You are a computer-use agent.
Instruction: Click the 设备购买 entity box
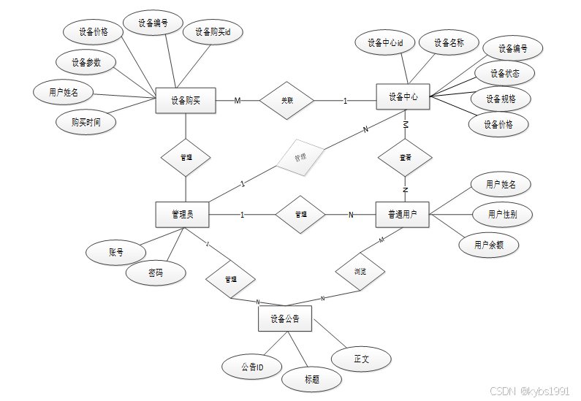point(186,101)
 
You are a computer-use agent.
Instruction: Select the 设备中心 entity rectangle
point(402,97)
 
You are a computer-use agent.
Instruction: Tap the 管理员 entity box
point(182,214)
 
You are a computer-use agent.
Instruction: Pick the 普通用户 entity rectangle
point(402,214)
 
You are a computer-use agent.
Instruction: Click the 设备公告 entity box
point(285,319)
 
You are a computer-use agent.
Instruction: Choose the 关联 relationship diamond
point(287,100)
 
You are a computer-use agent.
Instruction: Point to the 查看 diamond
point(404,157)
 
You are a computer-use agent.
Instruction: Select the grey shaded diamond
point(300,157)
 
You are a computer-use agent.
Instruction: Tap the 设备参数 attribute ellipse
point(86,63)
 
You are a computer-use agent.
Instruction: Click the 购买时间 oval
point(86,123)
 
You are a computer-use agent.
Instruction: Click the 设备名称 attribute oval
point(449,43)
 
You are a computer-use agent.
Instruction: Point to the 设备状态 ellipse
point(505,74)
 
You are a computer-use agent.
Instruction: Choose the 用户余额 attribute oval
point(489,245)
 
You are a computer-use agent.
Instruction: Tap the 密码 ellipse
point(156,273)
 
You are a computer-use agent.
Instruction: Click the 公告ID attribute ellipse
point(252,367)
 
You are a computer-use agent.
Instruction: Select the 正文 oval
point(362,359)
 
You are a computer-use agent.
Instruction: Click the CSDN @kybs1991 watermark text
point(529,392)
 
